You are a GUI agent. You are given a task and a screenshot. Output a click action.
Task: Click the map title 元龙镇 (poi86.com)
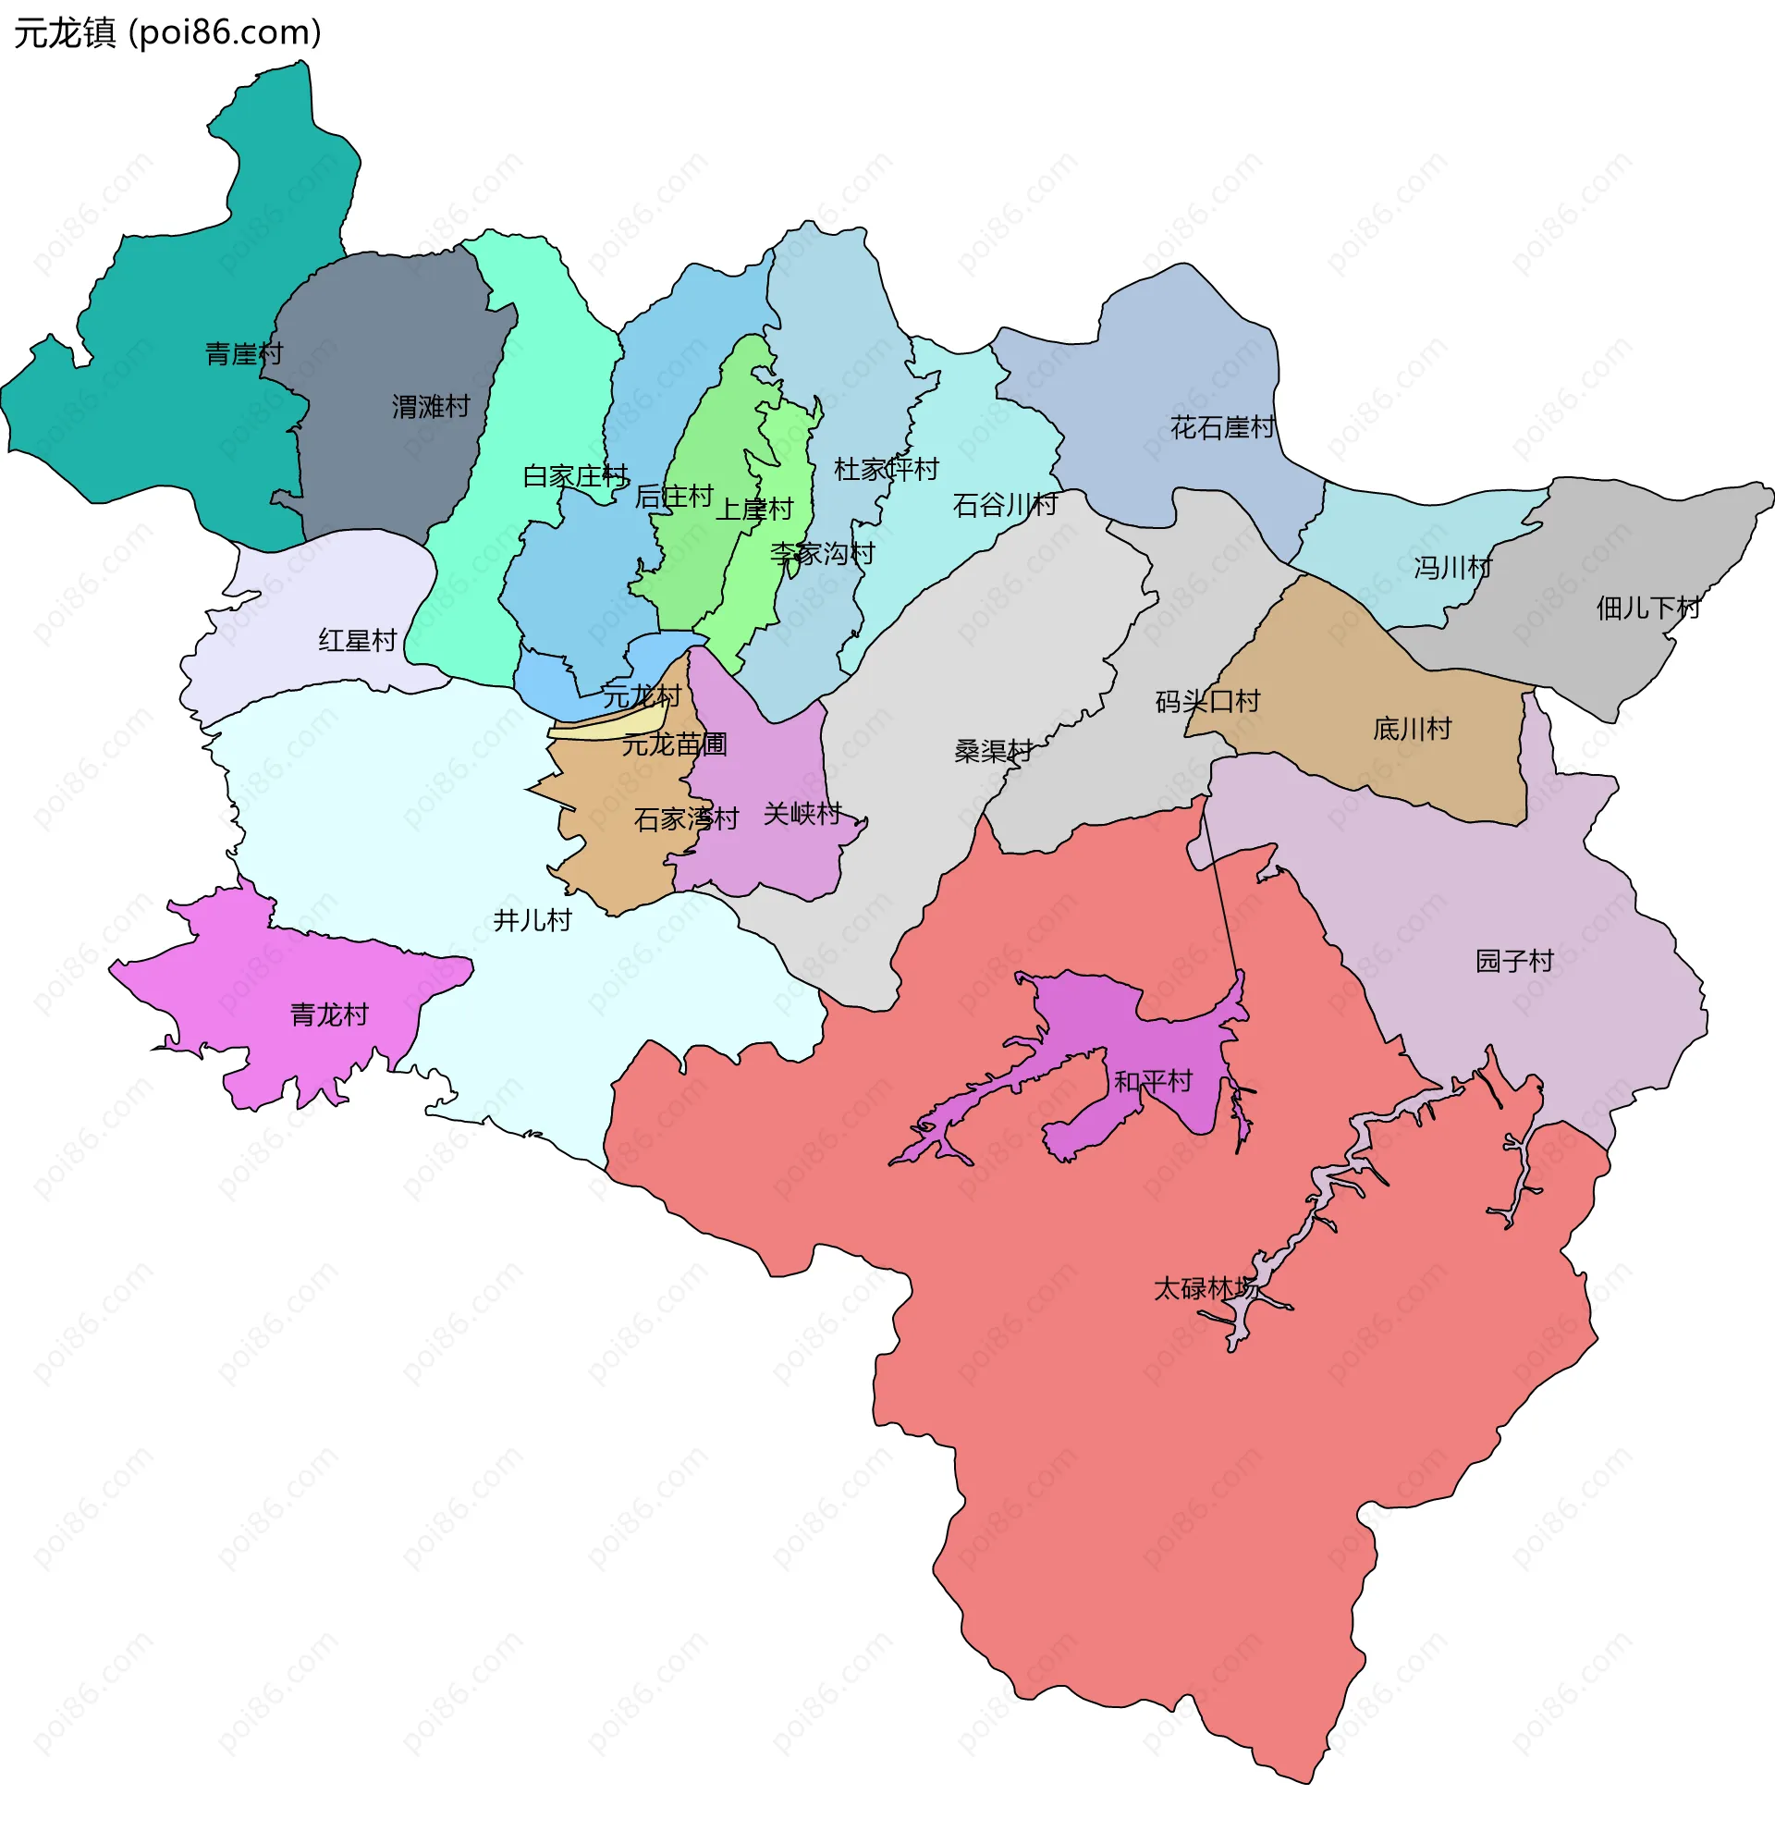coord(167,33)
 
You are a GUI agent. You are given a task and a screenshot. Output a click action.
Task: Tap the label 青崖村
coord(244,355)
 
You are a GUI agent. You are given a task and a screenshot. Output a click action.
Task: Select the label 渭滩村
coord(431,408)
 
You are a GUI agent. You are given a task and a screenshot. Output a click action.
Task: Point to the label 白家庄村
coord(576,476)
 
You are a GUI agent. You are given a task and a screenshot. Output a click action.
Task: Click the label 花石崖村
coord(1222,428)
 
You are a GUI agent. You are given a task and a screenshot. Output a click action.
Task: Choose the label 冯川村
coord(1452,568)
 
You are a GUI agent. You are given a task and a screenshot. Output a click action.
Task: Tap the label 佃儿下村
coord(1648,609)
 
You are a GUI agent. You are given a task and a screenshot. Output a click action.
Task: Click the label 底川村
coord(1412,729)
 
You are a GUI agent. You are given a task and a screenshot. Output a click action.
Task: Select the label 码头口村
coord(1206,702)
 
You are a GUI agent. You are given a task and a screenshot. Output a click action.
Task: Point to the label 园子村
coord(1513,962)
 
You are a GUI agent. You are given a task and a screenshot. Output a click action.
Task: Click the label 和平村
coord(1153,1082)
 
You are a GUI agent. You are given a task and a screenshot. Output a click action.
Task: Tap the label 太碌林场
coord(1204,1289)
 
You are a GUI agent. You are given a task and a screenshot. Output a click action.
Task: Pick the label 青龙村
coord(329,1015)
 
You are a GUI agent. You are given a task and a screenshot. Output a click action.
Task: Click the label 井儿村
coord(532,921)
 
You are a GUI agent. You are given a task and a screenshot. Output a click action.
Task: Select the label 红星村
coord(358,642)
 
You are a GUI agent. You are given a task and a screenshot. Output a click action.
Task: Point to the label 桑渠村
coord(993,752)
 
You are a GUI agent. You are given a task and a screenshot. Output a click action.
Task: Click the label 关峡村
coord(802,814)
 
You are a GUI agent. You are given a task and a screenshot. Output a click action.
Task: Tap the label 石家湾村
coord(686,819)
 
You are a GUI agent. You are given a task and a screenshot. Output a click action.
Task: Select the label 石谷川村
coord(1005,506)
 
